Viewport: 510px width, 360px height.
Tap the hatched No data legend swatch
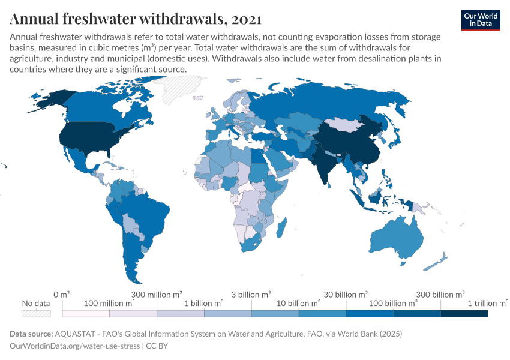click(x=36, y=313)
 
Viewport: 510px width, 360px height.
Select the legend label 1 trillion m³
click(x=488, y=304)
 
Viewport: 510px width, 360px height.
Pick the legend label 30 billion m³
click(x=346, y=295)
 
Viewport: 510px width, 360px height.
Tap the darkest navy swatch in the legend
click(x=464, y=313)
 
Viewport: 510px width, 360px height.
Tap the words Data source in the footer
click(x=31, y=333)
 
